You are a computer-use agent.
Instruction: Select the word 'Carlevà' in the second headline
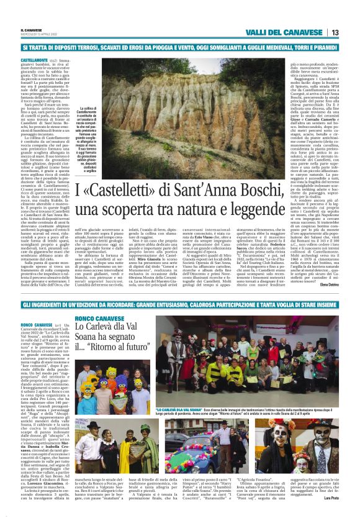(x=96, y=329)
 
